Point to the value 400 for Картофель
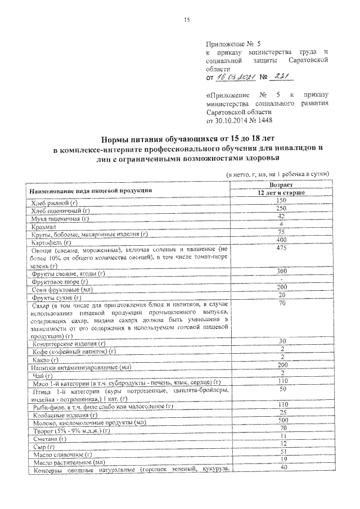(281, 240)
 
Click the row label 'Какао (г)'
(46, 359)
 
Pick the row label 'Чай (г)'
(43, 375)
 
